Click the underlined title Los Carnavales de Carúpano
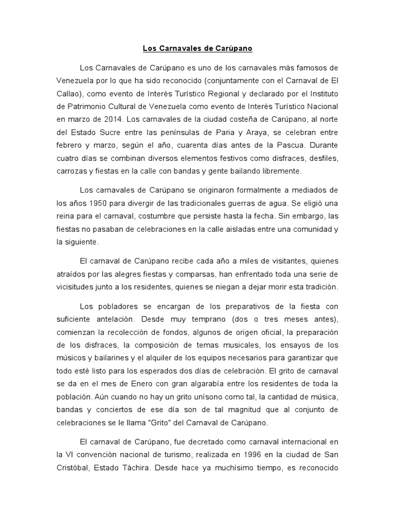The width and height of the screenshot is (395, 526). pyautogui.click(x=197, y=49)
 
